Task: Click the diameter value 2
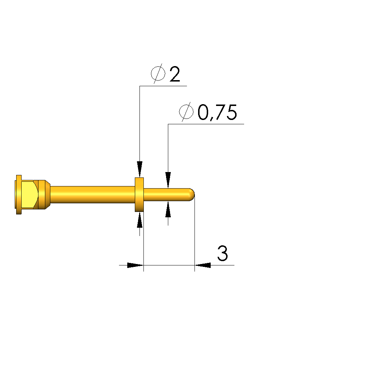tap(175, 74)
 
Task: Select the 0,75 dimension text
tap(217, 112)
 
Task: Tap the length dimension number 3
tap(223, 253)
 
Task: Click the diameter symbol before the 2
tap(158, 73)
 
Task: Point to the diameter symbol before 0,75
tap(186, 112)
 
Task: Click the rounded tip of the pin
tap(192, 195)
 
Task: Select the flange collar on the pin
tap(139, 195)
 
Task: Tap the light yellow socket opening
tap(29, 195)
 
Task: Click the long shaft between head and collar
tap(93, 195)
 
